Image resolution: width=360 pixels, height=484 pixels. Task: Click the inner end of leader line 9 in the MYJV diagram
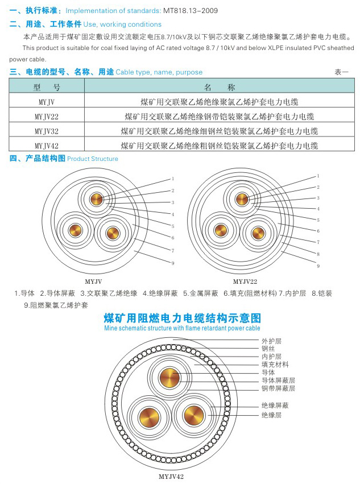pos(135,251)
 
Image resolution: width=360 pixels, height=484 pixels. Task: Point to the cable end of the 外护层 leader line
pos(173,339)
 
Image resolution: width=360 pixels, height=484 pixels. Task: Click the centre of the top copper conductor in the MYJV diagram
pos(97,199)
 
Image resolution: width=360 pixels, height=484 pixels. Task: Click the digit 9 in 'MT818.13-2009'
pos(216,11)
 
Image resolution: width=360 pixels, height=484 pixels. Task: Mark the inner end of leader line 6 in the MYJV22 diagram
pos(278,223)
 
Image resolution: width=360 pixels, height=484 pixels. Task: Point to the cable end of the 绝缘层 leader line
pos(208,415)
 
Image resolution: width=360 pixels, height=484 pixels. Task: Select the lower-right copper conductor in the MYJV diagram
pos(113,233)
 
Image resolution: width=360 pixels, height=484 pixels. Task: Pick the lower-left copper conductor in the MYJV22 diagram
pos(221,230)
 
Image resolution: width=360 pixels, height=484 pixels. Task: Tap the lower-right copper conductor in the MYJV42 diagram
pos(194,415)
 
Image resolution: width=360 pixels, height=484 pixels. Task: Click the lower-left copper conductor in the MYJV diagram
pos(75,230)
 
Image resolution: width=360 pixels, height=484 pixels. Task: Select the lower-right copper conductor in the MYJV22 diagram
pos(258,233)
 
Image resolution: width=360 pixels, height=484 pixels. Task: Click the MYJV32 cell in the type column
pos(47,131)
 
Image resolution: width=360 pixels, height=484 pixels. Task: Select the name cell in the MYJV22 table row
pos(219,117)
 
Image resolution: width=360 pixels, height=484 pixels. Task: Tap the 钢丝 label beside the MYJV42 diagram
pos(268,349)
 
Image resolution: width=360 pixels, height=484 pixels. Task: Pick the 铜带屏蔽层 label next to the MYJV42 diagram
pos(278,388)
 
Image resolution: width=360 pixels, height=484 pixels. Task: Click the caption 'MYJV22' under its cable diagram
pos(245,282)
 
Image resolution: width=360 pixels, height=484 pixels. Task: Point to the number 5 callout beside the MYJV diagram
pos(173,226)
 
